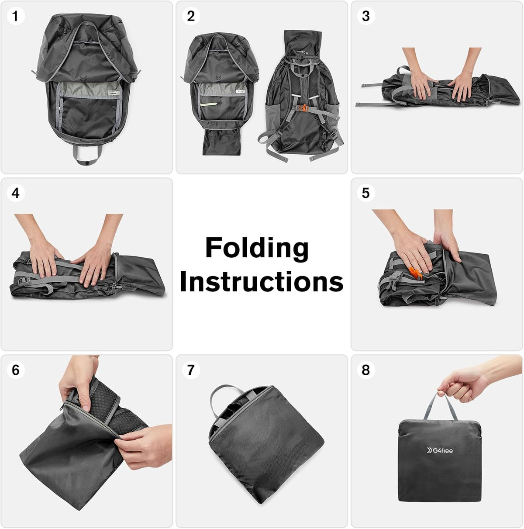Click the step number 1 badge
click(x=16, y=16)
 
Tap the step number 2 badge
click(x=191, y=16)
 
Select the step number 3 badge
click(x=366, y=16)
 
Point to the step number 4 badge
click(x=16, y=193)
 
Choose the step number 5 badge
click(x=366, y=193)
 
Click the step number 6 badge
click(x=16, y=370)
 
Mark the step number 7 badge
click(x=191, y=370)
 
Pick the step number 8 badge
click(x=366, y=370)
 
